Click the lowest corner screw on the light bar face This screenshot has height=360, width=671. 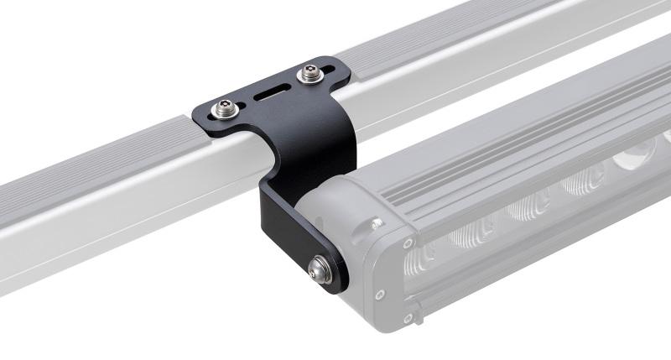408,317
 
